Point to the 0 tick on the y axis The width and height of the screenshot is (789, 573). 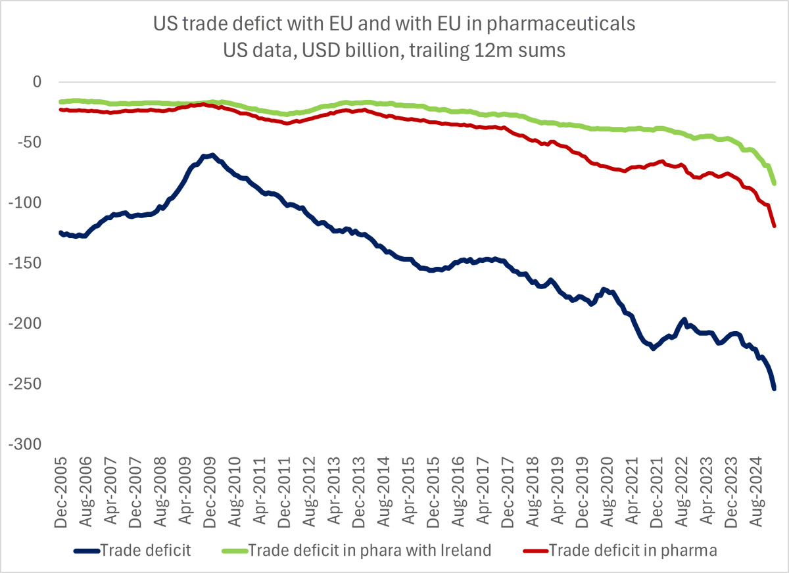(x=37, y=82)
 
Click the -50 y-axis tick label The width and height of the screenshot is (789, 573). (x=30, y=143)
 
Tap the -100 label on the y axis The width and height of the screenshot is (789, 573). (x=26, y=203)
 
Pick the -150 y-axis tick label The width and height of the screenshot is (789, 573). (x=26, y=264)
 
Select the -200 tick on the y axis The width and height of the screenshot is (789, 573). (x=26, y=324)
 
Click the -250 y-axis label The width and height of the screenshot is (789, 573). (x=26, y=384)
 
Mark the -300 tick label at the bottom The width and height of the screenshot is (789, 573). (x=26, y=445)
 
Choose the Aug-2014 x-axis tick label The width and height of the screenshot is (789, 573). (x=381, y=489)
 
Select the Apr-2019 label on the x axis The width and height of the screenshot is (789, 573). (x=553, y=489)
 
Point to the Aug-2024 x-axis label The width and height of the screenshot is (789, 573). (x=750, y=489)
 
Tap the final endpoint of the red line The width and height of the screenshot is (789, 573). (x=775, y=226)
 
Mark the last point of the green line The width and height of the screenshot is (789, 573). (x=775, y=184)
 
